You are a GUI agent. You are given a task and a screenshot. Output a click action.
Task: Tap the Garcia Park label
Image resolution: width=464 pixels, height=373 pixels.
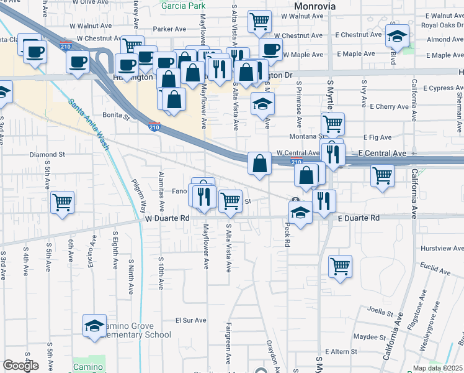coord(183,6)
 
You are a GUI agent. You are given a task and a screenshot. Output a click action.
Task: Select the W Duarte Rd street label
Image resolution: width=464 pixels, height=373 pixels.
coord(167,219)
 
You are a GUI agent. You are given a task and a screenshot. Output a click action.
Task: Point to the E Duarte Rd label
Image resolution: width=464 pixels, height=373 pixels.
coord(359,219)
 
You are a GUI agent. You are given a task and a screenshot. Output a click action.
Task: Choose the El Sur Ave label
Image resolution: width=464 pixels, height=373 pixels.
coord(190,321)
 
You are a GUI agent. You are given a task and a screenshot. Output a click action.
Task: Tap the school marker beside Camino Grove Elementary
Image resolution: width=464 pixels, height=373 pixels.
coord(94,325)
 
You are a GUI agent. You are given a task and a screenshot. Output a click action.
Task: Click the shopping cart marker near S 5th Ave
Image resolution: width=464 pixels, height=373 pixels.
coord(63,201)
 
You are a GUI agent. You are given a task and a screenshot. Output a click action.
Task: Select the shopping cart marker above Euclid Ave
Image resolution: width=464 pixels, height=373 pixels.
coord(340,266)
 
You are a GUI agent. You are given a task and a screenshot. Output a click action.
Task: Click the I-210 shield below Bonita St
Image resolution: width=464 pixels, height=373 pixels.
coord(154,126)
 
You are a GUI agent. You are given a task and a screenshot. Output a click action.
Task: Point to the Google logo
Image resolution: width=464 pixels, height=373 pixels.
coord(20,366)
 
